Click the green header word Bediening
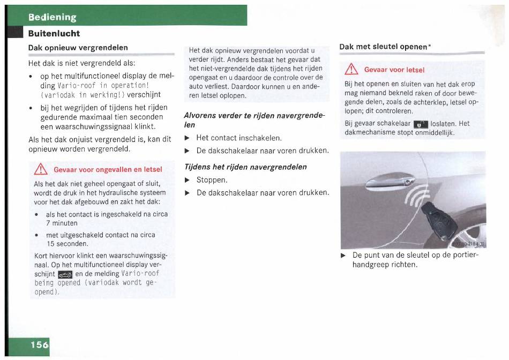[53, 17]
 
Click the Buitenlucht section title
[54, 33]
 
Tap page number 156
[39, 344]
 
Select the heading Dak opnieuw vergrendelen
[78, 47]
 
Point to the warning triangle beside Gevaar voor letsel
[351, 69]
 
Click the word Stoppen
[212, 180]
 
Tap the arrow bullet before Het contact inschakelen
[187, 138]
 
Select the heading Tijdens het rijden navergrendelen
[245, 167]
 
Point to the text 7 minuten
[62, 223]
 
